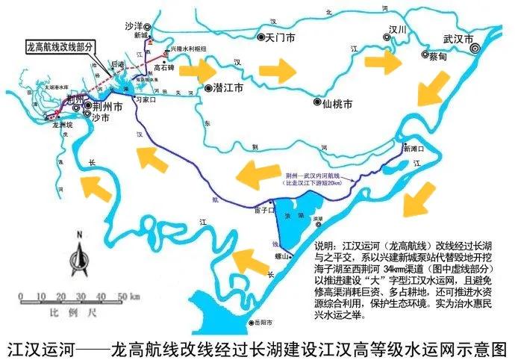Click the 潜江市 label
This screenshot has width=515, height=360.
pos(228,87)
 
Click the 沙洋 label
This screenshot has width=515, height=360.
pos(134,25)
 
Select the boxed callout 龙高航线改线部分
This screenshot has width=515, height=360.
pos(60,46)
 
